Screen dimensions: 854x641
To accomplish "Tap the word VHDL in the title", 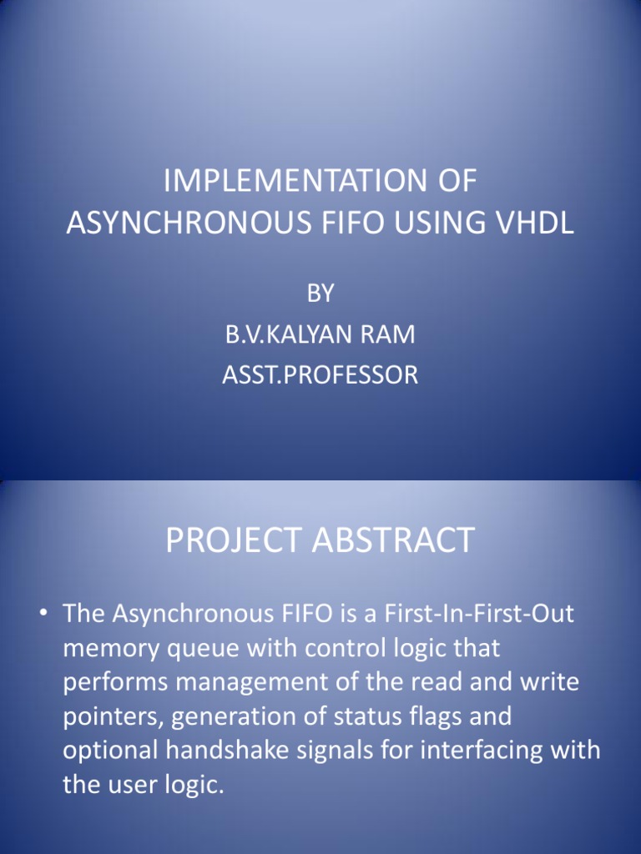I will tap(536, 223).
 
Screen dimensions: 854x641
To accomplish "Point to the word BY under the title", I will tap(320, 294).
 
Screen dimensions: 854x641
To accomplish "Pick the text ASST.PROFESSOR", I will tap(320, 375).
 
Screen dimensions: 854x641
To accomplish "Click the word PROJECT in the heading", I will tap(233, 541).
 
